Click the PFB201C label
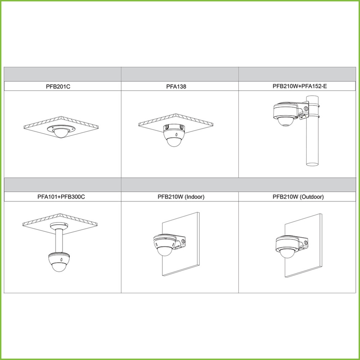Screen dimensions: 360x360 point(58,86)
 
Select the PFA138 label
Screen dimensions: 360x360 point(176,86)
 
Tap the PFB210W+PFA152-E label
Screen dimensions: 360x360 point(300,86)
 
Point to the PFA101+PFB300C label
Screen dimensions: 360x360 point(61,197)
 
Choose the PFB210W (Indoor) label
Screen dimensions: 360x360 point(181,197)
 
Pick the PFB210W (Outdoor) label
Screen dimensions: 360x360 point(298,197)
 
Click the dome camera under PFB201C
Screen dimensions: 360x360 point(60,131)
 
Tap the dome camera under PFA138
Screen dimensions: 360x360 point(174,135)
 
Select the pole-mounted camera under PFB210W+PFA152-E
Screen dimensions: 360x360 point(290,114)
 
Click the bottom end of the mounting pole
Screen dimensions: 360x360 point(312,164)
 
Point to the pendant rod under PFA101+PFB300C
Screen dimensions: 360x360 point(60,241)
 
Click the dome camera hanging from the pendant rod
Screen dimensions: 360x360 point(59,262)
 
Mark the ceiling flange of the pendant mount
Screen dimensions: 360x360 point(59,226)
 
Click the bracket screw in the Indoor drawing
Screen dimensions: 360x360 point(183,241)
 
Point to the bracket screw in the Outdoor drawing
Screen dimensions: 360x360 point(306,243)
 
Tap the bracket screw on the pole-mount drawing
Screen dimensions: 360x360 point(306,108)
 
